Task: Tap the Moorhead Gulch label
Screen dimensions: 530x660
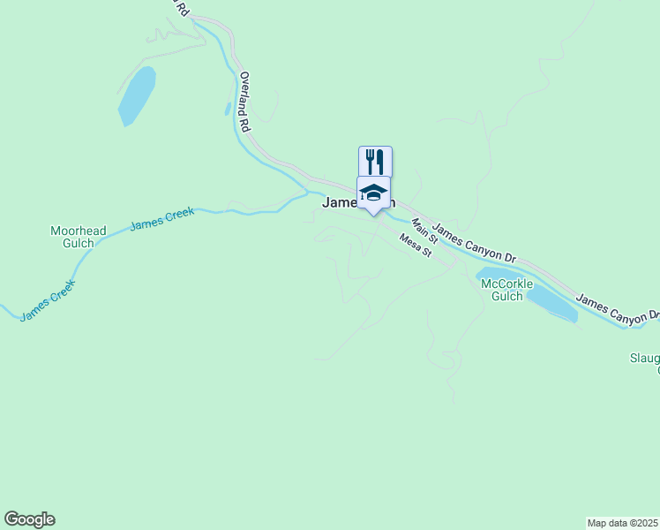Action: (x=79, y=237)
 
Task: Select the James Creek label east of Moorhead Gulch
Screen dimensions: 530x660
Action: (x=161, y=219)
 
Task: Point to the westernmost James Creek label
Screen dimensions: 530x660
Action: (x=48, y=300)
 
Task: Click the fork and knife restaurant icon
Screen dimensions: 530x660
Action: (x=375, y=162)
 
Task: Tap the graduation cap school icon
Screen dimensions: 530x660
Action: (x=373, y=192)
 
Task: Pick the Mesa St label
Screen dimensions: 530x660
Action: (x=414, y=245)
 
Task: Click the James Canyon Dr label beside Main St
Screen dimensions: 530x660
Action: (x=475, y=242)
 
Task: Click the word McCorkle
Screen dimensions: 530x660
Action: (x=506, y=284)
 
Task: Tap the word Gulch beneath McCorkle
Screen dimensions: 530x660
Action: (x=506, y=297)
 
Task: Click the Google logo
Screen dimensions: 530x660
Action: (x=29, y=519)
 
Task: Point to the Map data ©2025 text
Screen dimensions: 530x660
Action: (x=623, y=522)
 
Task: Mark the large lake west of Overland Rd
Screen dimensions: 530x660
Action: (x=137, y=95)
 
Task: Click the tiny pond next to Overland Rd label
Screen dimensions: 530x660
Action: (x=228, y=109)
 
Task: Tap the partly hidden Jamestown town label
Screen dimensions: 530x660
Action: (x=341, y=202)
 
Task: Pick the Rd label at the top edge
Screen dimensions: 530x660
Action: (x=181, y=9)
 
